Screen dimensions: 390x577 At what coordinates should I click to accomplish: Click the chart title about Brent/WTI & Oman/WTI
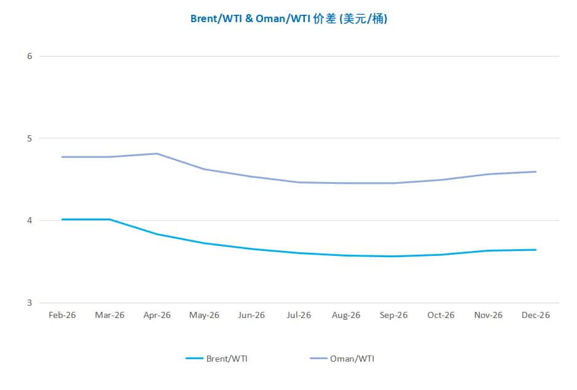click(288, 18)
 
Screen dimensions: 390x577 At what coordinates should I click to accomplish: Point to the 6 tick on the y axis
click(30, 56)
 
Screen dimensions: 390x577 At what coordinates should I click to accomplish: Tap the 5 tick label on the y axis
click(30, 138)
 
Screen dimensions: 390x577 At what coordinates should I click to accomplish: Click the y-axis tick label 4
click(30, 220)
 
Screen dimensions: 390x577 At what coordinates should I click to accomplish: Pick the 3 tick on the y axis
click(30, 303)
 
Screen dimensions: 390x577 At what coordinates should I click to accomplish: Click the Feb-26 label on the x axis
click(62, 315)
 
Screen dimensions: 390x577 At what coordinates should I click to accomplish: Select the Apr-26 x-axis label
click(157, 315)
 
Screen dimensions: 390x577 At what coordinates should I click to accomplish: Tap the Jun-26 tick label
click(251, 315)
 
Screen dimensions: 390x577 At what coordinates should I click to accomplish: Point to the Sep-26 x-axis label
click(393, 315)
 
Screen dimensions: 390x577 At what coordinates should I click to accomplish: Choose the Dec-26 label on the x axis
click(536, 315)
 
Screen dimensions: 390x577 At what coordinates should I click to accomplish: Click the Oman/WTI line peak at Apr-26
click(157, 153)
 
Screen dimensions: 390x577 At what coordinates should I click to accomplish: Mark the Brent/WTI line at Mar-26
click(110, 219)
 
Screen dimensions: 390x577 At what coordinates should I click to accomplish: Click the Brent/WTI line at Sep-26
click(393, 256)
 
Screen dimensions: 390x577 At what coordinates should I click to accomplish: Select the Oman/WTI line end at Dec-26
click(536, 172)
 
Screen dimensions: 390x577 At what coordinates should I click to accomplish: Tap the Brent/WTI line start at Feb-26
click(62, 219)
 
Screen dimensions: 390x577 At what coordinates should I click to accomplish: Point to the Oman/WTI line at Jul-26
click(299, 182)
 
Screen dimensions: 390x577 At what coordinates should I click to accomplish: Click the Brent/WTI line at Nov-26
click(488, 250)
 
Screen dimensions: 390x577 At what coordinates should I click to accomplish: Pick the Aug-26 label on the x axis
click(346, 315)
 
